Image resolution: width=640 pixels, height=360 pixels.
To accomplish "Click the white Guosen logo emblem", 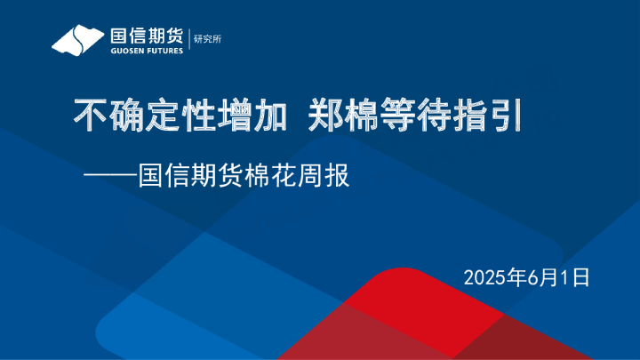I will point(78,40).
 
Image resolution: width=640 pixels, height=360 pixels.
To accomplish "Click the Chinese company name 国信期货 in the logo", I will point(146,36).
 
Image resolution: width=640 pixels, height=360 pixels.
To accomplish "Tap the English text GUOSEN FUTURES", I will point(147,51).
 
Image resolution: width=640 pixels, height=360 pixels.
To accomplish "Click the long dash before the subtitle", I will point(110,176).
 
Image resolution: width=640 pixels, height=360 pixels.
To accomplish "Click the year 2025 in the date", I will point(481,277).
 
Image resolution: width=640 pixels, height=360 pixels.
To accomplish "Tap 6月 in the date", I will point(540,277).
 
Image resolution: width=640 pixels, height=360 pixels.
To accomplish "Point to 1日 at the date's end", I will point(576,277).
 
